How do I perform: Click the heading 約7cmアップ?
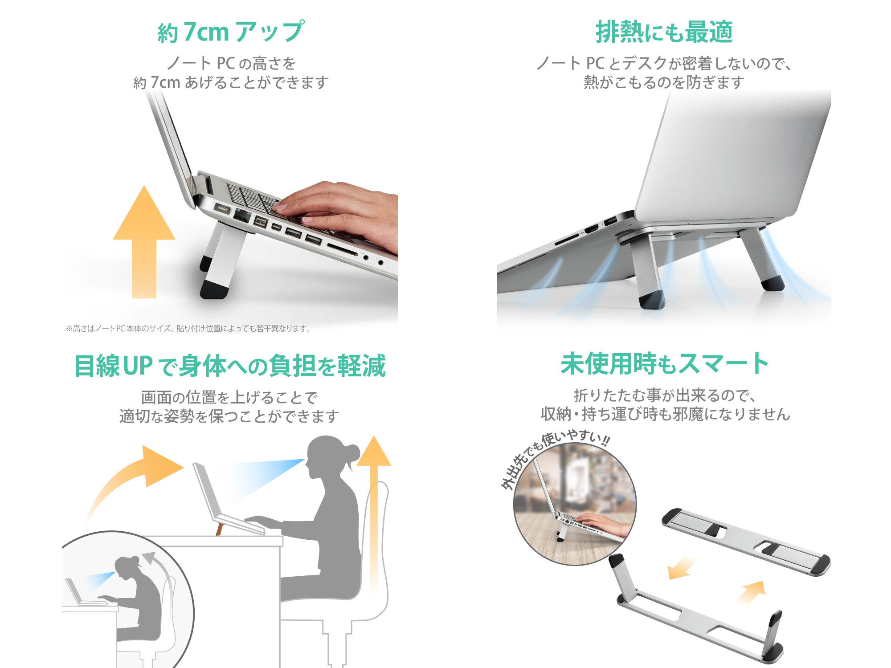pos(231,32)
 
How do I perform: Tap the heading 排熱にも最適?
pos(664,32)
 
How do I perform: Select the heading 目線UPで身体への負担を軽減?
pos(230,366)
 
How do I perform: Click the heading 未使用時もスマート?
pos(664,364)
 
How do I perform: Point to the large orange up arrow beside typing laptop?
pos(144,240)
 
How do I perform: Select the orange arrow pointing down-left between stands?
pos(681,568)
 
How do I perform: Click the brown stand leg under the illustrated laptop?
pos(219,529)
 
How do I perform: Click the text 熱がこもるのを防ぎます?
pos(664,82)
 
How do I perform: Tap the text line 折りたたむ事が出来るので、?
pos(664,395)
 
